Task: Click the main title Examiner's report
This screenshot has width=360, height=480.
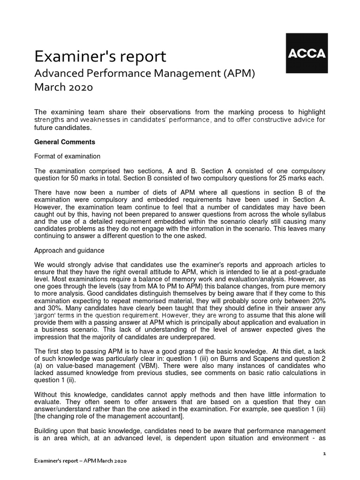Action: pos(100,57)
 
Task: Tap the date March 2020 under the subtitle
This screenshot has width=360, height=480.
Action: pos(64,88)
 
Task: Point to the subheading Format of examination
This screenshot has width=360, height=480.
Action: pos(67,156)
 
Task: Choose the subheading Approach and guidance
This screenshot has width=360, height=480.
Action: pos(69,250)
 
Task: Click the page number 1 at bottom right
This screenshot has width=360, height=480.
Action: pos(323,454)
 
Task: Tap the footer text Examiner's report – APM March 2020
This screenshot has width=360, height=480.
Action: pos(81,461)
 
